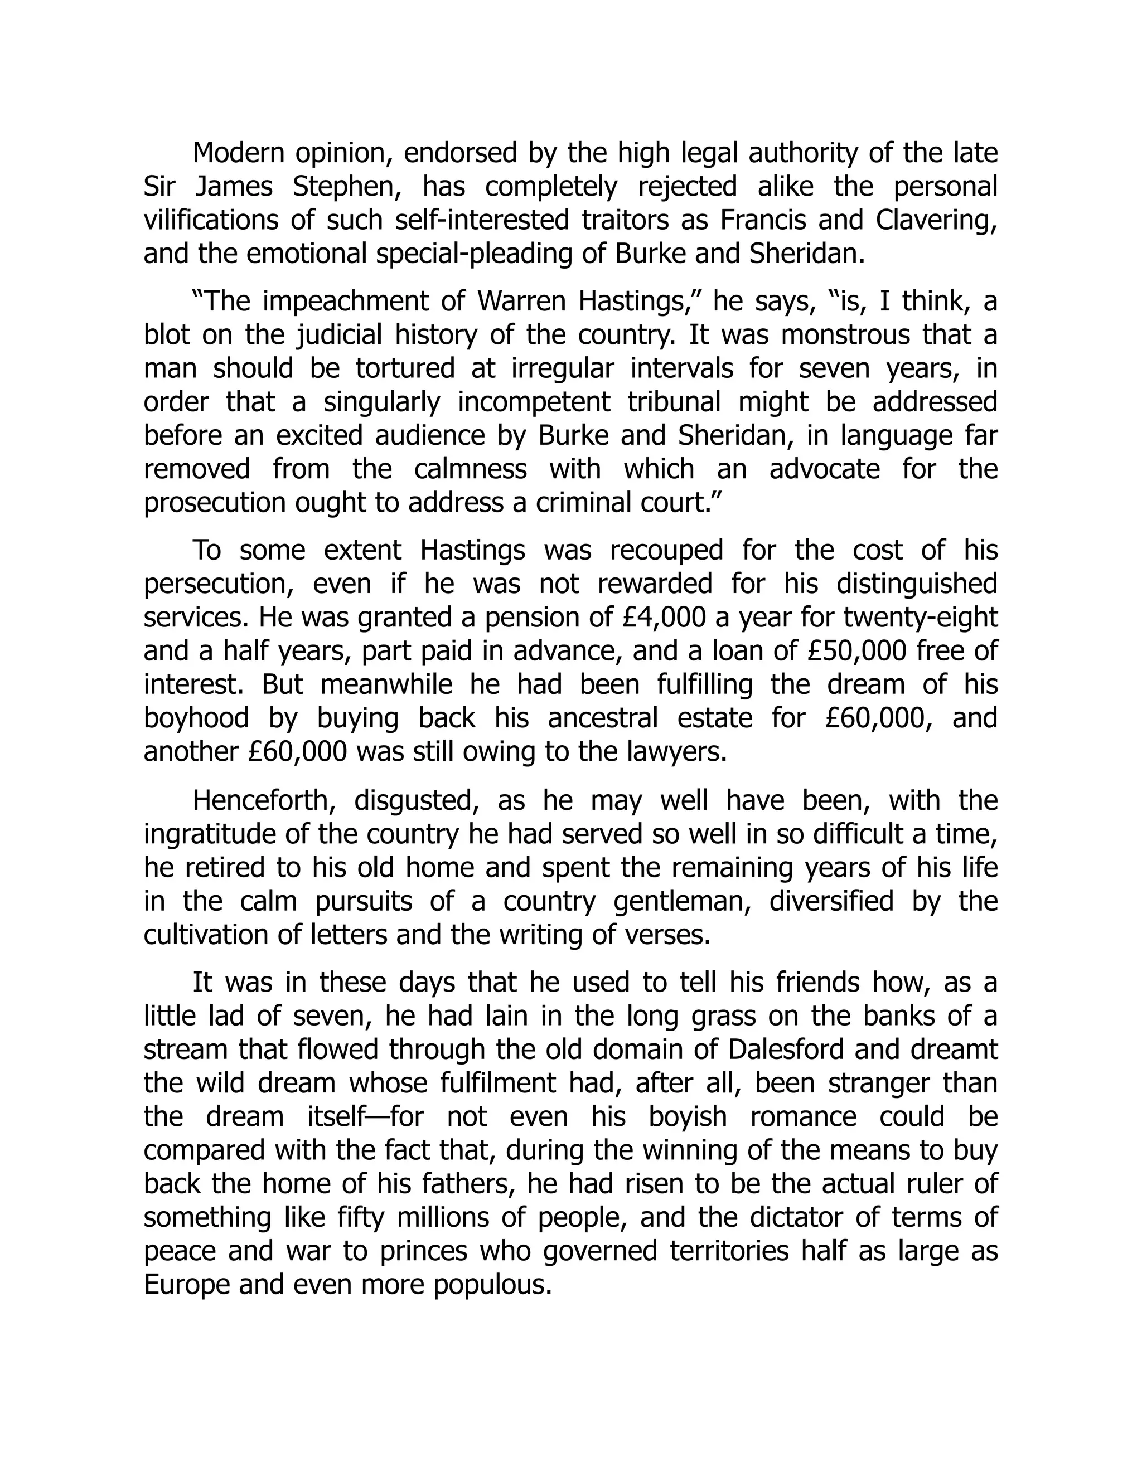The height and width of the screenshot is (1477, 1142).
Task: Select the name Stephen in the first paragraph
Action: click(346, 187)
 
